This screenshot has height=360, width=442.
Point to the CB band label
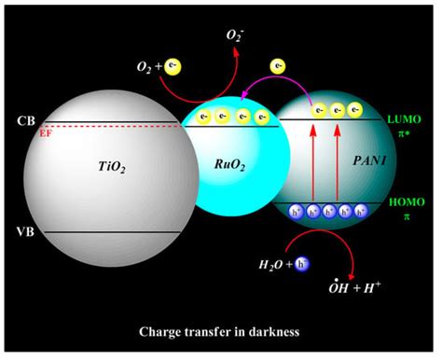[x=24, y=121]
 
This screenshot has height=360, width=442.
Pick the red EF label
[x=45, y=133]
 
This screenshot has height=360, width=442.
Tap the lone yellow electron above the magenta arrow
[x=277, y=66]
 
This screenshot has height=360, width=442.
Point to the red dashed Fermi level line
[x=112, y=126]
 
